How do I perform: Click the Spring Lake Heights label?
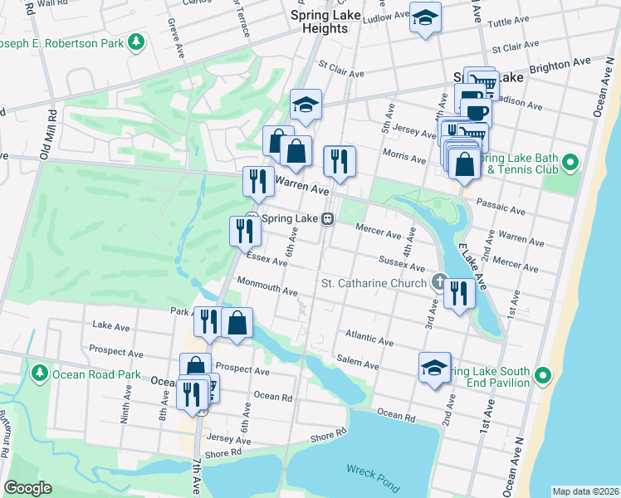click(320, 22)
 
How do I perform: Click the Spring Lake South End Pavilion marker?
click(544, 376)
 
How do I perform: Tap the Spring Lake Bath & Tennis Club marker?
click(569, 164)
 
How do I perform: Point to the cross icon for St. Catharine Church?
click(438, 283)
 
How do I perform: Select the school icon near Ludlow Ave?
click(426, 18)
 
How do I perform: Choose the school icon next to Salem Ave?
click(434, 369)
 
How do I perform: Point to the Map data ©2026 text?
click(585, 491)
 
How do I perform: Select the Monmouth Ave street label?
click(266, 287)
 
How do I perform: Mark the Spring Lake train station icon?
click(329, 219)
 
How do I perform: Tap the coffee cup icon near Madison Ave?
click(477, 112)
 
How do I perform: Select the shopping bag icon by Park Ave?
click(237, 323)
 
